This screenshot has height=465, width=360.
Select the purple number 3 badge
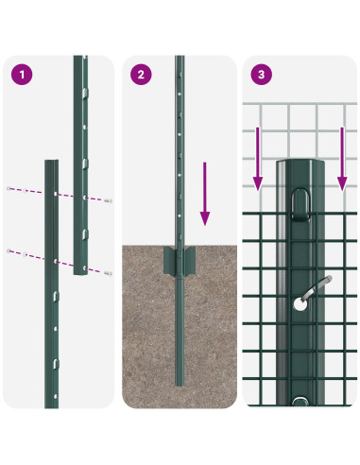pyautogui.click(x=259, y=74)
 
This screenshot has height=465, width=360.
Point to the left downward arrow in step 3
pyautogui.click(x=257, y=156)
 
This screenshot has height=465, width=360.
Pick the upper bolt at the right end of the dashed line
pyautogui.click(x=111, y=200)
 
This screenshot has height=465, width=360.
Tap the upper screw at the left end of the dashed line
pyautogui.click(x=9, y=187)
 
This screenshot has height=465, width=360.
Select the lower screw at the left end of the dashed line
pyautogui.click(x=9, y=250)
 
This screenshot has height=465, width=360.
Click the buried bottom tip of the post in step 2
pyautogui.click(x=180, y=384)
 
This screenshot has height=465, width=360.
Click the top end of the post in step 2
pyautogui.click(x=180, y=60)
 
